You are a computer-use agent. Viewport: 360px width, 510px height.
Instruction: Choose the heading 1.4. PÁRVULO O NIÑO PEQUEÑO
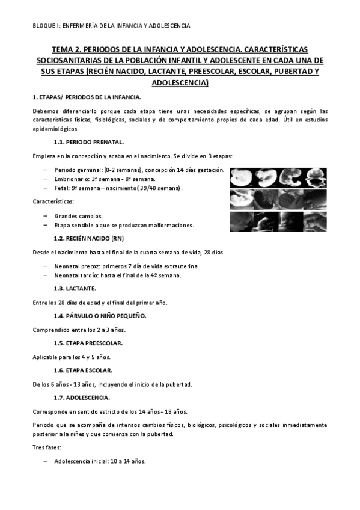click(100, 315)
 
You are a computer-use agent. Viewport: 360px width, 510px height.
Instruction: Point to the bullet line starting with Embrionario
click(105, 179)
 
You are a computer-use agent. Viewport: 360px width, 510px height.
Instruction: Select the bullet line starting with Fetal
click(118, 189)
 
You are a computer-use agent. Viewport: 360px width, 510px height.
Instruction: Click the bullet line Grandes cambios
click(78, 215)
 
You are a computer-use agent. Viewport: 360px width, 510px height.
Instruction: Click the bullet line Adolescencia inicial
click(99, 462)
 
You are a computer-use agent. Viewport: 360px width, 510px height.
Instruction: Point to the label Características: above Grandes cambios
click(53, 201)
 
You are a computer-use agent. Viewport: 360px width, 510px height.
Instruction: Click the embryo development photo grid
click(278, 199)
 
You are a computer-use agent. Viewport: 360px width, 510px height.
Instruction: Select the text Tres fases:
click(46, 448)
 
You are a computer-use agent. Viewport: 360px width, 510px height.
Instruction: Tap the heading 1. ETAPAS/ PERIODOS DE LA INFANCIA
click(86, 97)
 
